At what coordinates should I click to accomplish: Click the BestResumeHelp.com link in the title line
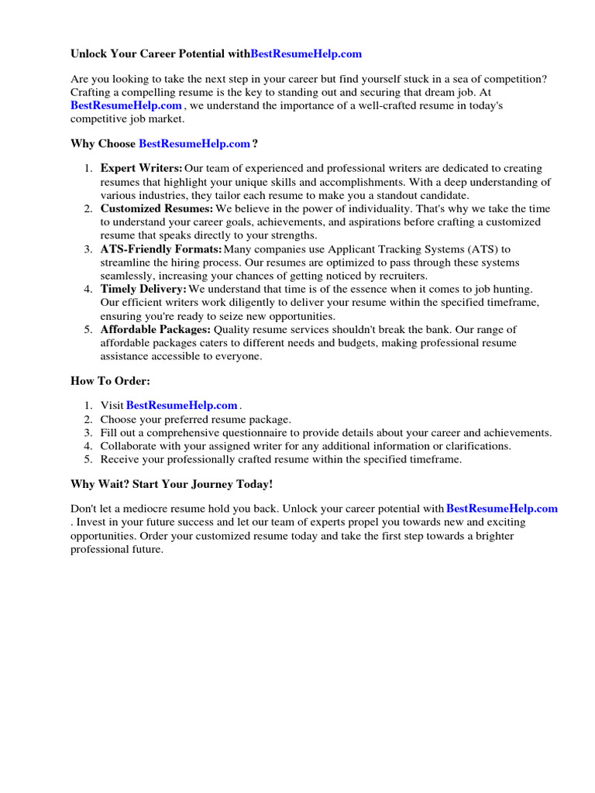[x=306, y=54]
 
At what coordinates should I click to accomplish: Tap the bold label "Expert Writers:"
[x=141, y=168]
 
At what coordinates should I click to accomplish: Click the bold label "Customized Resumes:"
[x=156, y=208]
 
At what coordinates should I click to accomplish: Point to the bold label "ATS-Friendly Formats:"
[x=160, y=249]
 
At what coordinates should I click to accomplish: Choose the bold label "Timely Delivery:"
[x=143, y=289]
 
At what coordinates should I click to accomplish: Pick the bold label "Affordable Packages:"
[x=155, y=329]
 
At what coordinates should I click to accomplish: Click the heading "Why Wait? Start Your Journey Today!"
[x=171, y=484]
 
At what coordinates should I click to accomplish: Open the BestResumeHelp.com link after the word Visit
[x=181, y=405]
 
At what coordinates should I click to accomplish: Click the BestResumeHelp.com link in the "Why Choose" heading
[x=194, y=143]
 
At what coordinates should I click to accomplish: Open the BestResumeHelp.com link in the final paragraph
[x=502, y=509]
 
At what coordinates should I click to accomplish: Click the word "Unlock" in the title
[x=90, y=54]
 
